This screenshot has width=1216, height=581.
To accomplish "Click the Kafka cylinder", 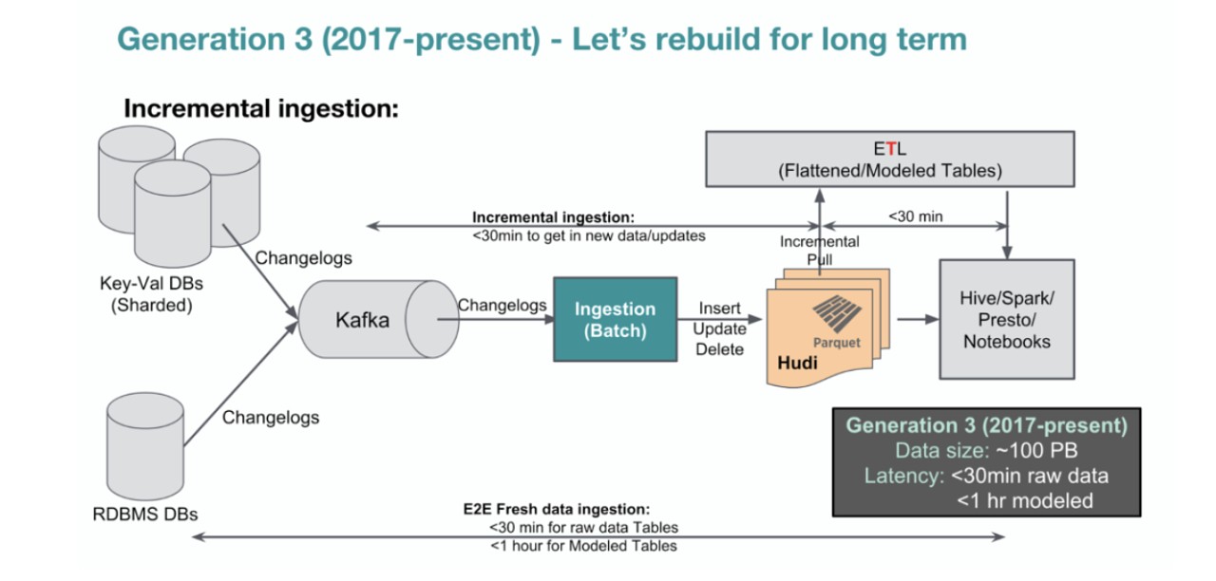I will coord(362,320).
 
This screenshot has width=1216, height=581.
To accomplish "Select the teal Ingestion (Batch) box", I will coord(615,320).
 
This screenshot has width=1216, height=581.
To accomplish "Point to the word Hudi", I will coord(796,364).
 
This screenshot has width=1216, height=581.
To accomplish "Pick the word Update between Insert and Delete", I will coord(719,328).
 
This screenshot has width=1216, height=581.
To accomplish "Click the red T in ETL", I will coord(889,148).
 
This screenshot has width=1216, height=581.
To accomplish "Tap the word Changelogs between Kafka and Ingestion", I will coord(502,306).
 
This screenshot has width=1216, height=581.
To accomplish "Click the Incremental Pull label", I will coord(819,250).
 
